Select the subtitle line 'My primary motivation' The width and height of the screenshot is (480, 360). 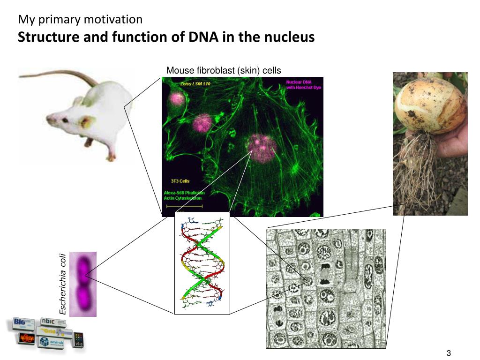[x=80, y=20]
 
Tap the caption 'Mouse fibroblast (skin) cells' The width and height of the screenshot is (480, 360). [x=224, y=71]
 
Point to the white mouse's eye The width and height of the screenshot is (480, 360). [x=65, y=120]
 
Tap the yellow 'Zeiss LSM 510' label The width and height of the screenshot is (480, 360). [x=195, y=84]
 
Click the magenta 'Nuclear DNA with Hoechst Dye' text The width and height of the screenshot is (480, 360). [x=303, y=85]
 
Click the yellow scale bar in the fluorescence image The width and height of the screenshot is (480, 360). [x=184, y=206]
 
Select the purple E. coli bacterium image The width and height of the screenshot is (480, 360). [x=83, y=284]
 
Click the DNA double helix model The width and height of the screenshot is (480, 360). [x=202, y=262]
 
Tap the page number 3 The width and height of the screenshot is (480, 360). [x=449, y=353]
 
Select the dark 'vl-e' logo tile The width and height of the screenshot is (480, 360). [x=78, y=339]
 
